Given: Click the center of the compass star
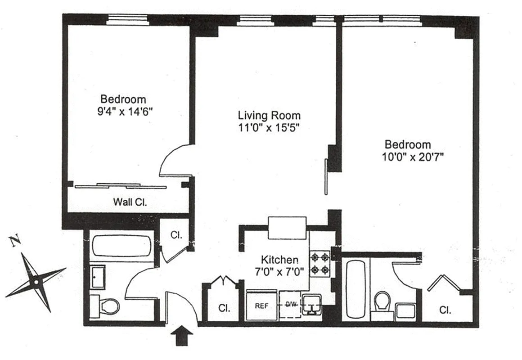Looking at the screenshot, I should point(36,282).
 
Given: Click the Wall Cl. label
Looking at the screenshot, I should point(130,202).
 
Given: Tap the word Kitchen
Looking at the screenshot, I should point(279,260).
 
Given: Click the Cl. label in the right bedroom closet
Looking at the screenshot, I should point(445,310).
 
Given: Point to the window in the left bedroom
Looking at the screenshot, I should point(127,19).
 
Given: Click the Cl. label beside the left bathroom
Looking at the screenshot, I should point(176,234).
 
